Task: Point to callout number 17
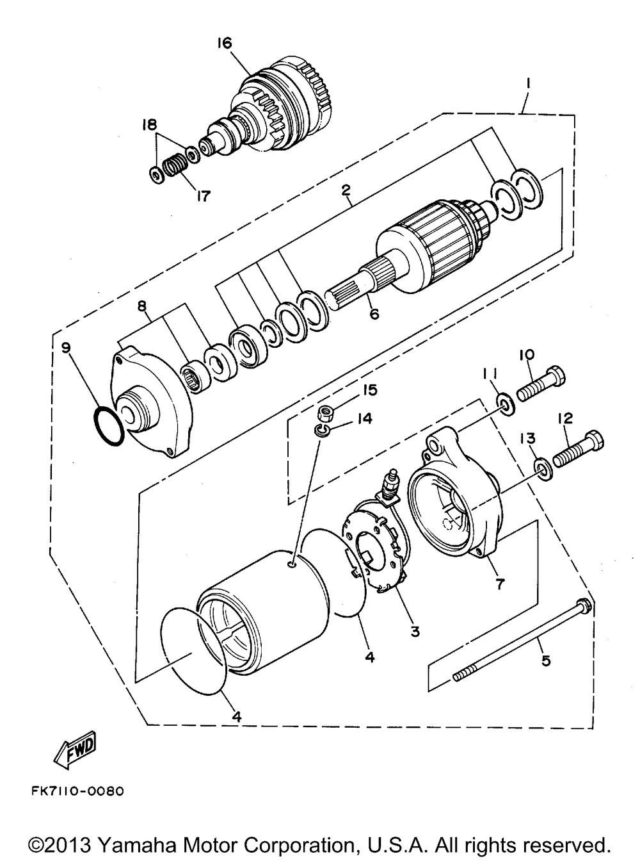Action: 203,196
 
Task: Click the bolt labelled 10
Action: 541,384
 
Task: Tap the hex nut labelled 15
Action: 325,413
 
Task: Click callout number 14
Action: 364,419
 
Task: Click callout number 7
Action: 499,584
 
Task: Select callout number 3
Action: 415,632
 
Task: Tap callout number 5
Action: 546,660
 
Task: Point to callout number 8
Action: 142,306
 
